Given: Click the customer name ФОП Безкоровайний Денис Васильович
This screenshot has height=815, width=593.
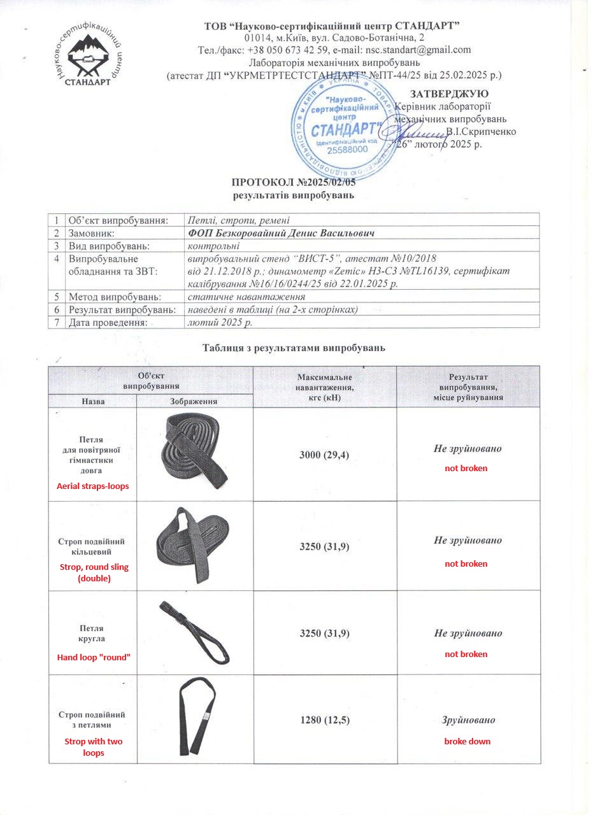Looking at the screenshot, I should coord(281,233).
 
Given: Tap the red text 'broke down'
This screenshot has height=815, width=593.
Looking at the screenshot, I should coord(467,741).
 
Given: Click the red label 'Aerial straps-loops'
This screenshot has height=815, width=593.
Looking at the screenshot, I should coord(93,486).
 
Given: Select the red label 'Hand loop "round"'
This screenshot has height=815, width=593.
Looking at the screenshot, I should coord(93,657).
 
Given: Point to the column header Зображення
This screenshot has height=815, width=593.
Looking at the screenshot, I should coord(194,402).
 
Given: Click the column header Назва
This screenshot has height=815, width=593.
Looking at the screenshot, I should coord(93,402).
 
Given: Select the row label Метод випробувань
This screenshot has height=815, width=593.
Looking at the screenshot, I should coord(115,297).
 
